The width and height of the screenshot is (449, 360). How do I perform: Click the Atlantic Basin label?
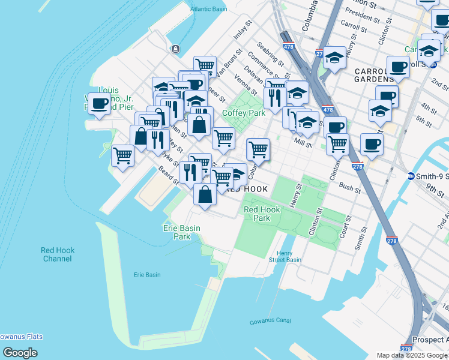coord(209,9)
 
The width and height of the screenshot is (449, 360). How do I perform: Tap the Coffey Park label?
coord(244,113)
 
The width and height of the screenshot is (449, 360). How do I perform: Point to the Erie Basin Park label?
coord(182,232)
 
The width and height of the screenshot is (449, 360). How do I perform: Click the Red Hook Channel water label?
coord(58,254)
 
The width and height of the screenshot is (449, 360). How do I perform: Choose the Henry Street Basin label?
coord(285,256)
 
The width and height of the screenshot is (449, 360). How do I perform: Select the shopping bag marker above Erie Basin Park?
coord(205,194)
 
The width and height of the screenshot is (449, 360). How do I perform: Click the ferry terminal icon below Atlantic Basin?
coord(175,49)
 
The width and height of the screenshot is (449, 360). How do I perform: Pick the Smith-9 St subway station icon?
coord(411,176)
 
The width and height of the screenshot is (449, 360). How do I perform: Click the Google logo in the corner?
coord(20,353)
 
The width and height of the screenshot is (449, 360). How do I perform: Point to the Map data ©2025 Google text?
coord(412,355)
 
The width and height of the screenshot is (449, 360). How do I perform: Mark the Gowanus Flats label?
coord(21,337)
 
